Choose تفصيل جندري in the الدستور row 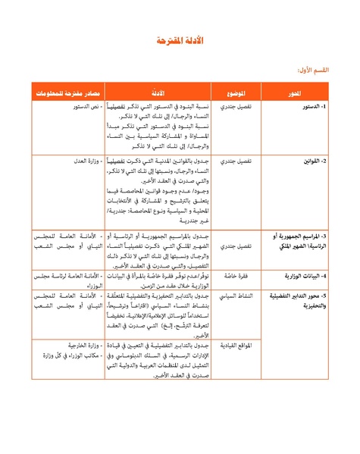click(x=235, y=107)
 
